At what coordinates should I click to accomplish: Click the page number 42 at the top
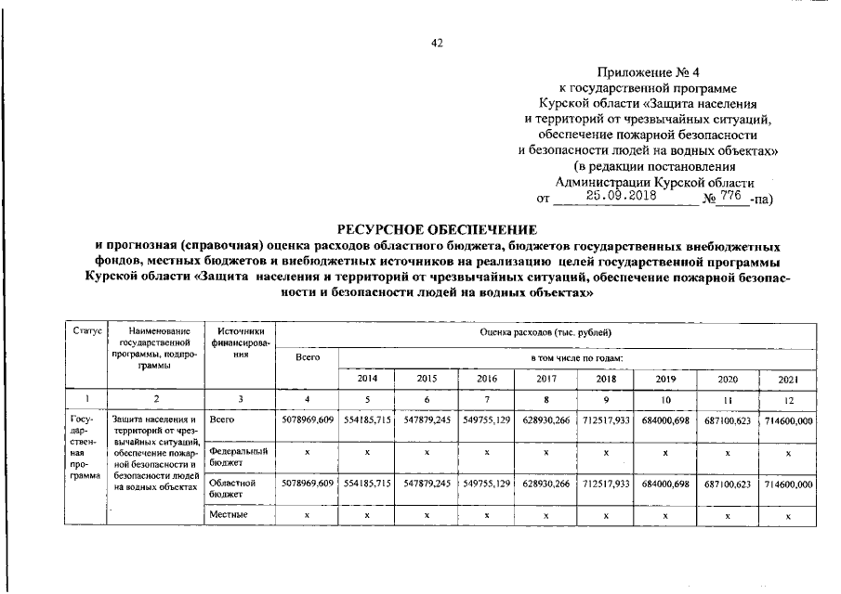click(x=437, y=43)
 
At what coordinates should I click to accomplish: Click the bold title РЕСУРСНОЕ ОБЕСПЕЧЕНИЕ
click(x=437, y=229)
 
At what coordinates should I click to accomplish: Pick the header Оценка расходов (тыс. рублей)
click(x=545, y=332)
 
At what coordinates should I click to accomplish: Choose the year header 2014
click(x=367, y=380)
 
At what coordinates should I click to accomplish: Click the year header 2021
click(x=786, y=380)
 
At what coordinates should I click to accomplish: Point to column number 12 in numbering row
click(x=786, y=399)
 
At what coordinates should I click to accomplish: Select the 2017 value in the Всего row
click(x=545, y=421)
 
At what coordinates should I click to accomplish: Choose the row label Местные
click(x=228, y=513)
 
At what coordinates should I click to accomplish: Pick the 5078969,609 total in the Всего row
click(x=308, y=421)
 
